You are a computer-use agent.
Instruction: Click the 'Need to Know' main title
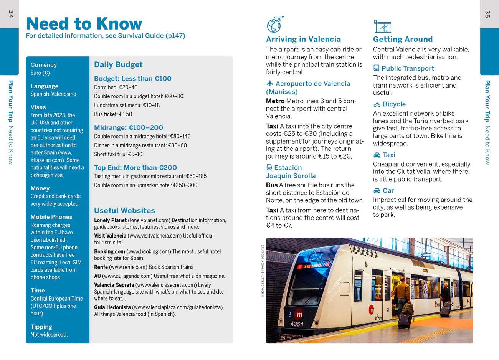pos(84,24)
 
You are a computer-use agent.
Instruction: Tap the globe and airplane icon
pos(275,25)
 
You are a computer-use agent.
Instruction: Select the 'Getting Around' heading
pos(403,39)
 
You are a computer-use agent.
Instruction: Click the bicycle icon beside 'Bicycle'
pos(377,104)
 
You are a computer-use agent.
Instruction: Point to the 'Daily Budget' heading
pos(118,64)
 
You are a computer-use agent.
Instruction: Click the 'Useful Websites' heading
pos(124,210)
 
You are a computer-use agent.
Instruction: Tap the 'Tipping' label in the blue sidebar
pos(41,327)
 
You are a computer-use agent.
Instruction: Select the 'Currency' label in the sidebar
pos(43,65)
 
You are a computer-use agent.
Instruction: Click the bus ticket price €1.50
pos(126,114)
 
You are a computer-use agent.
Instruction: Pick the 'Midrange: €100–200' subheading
pos(129,127)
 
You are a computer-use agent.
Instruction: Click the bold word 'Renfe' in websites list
pos(101,267)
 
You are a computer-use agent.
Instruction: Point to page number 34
pos(11,14)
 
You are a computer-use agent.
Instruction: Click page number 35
pos(487,14)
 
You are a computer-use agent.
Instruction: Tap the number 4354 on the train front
pos(297,324)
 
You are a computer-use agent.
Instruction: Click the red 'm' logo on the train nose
pos(299,315)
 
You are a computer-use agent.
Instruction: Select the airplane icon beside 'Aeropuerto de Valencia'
pos(270,84)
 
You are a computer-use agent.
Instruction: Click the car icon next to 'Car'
pos(377,191)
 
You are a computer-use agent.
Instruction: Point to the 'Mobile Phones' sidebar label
pos(51,217)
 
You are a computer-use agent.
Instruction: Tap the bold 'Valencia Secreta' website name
pos(114,285)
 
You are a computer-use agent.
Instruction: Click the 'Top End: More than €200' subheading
pos(135,167)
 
